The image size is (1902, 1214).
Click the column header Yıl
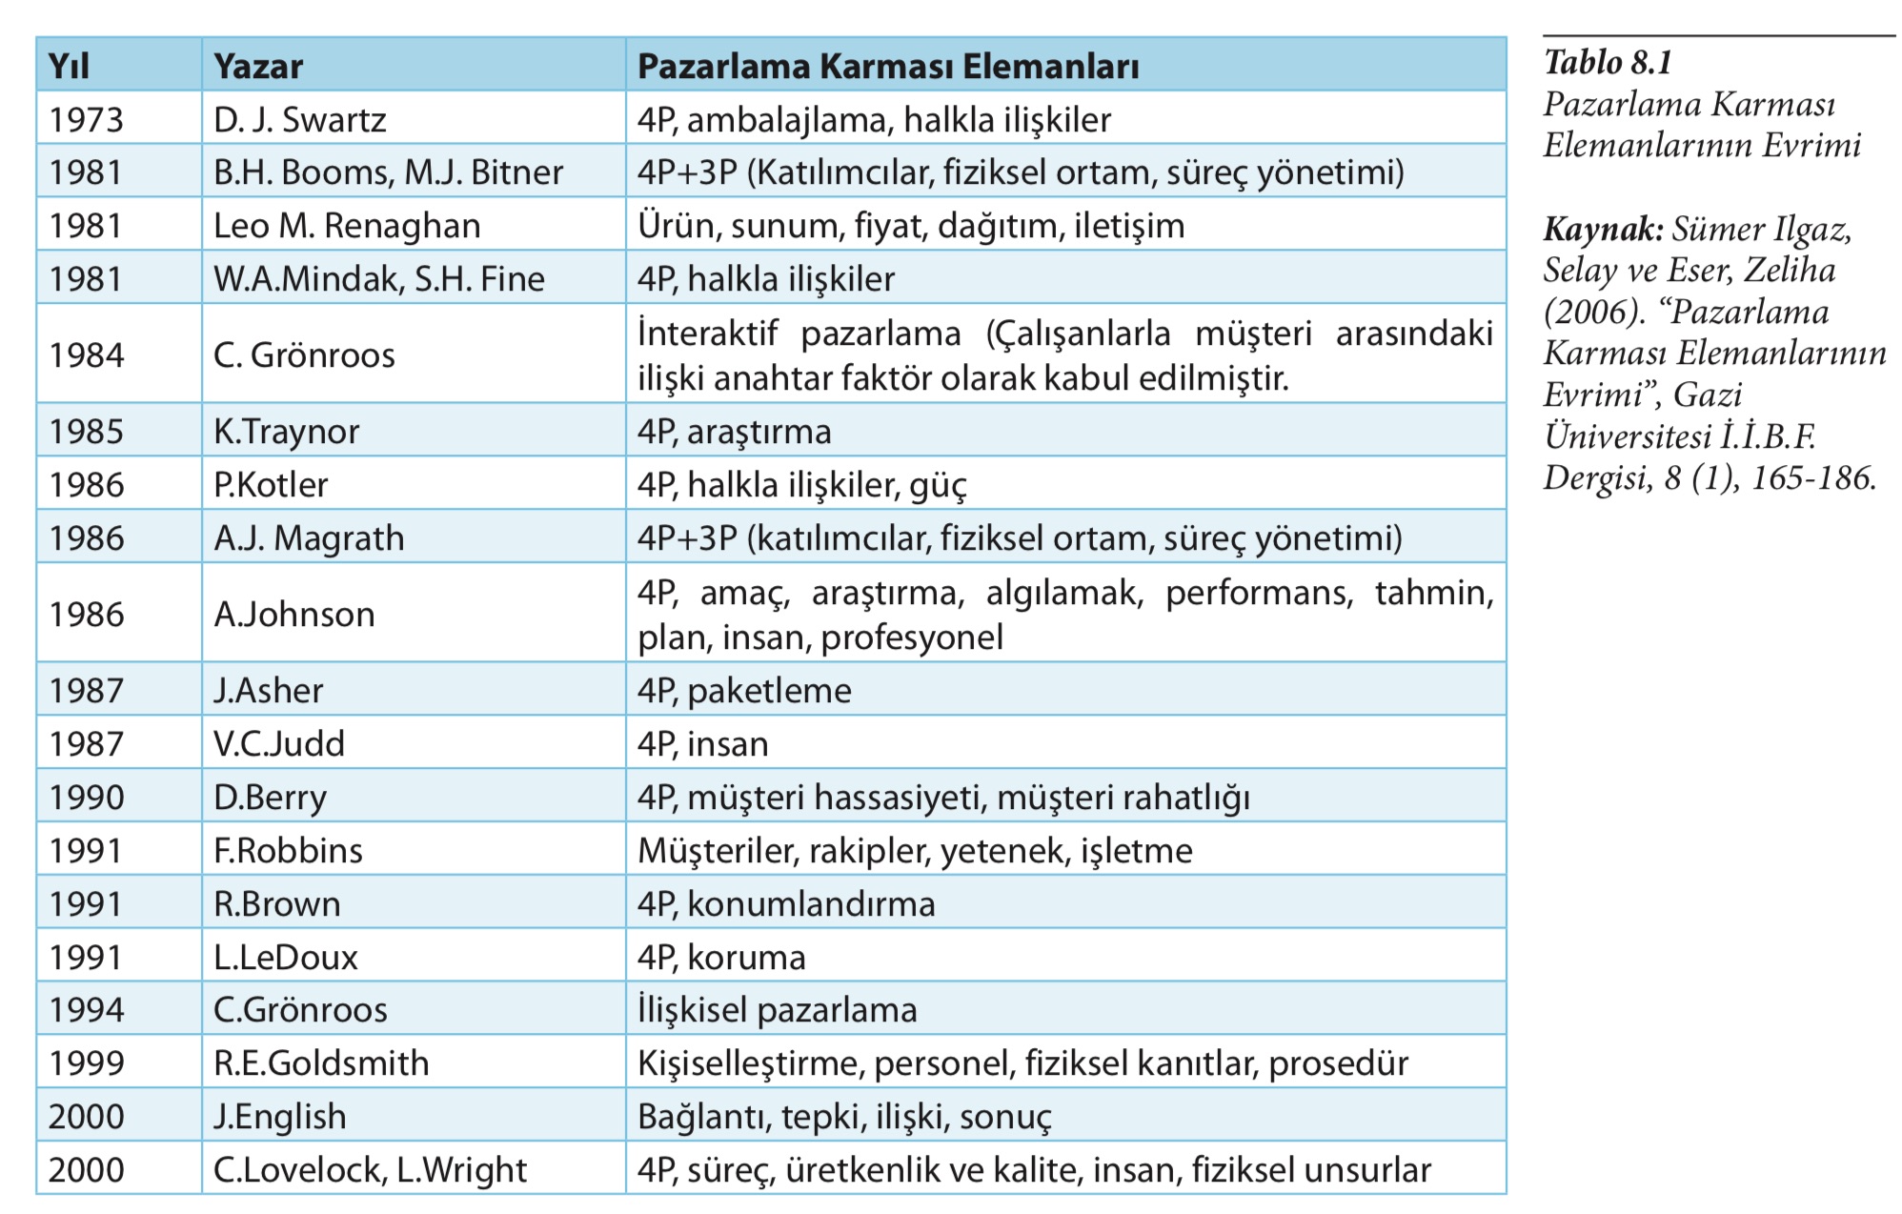click(x=69, y=66)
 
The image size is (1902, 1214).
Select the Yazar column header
click(x=258, y=66)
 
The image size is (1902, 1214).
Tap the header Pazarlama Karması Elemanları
click(x=888, y=66)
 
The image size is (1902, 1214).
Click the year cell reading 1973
click(x=87, y=119)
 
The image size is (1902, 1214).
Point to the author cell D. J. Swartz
click(x=300, y=119)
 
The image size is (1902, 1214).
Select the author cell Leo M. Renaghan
click(x=347, y=226)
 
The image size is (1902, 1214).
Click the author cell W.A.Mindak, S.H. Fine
click(x=379, y=279)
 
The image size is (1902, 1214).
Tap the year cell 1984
click(x=87, y=354)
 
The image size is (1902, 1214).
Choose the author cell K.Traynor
click(x=287, y=432)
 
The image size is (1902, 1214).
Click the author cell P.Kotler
click(x=271, y=485)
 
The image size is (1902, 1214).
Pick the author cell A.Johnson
click(x=294, y=615)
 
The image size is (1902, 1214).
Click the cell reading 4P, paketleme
click(x=744, y=691)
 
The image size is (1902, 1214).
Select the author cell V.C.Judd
click(x=279, y=744)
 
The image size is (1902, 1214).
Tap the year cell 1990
click(x=87, y=798)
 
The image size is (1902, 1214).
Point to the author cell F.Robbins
click(x=288, y=851)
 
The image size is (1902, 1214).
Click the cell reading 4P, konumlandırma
click(x=786, y=904)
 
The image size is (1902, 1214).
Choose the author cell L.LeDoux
click(x=286, y=958)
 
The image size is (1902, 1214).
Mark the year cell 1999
click(x=87, y=1063)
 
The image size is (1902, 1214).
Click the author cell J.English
click(x=280, y=1117)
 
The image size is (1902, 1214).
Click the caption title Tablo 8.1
click(x=1608, y=63)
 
